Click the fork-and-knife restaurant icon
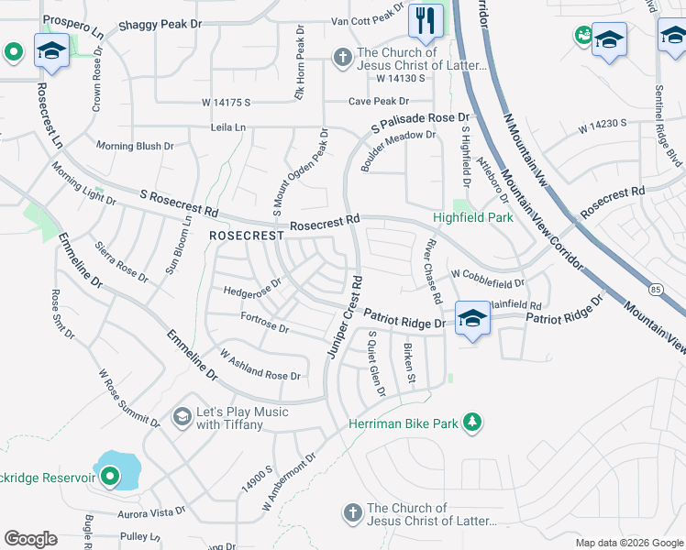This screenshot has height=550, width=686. [x=425, y=21]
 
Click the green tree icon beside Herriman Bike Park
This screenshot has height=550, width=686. [x=472, y=422]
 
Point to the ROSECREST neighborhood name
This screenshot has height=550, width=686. [x=247, y=236]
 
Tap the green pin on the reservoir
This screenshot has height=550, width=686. [x=110, y=476]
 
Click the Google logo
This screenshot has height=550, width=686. [x=30, y=538]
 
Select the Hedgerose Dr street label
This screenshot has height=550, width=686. [x=251, y=291]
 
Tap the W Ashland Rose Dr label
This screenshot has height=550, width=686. [x=260, y=366]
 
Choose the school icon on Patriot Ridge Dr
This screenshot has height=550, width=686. [x=471, y=318]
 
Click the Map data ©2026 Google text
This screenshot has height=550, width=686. [x=627, y=543]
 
